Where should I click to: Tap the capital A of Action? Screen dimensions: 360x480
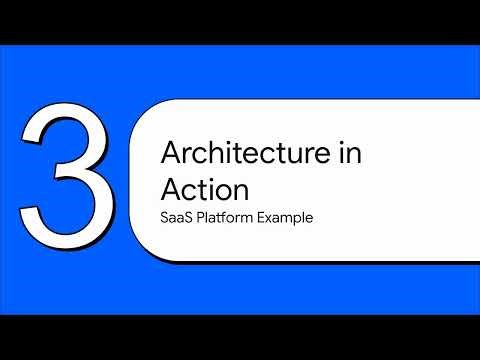coord(171,188)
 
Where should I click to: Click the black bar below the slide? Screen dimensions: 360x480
coord(240,337)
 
